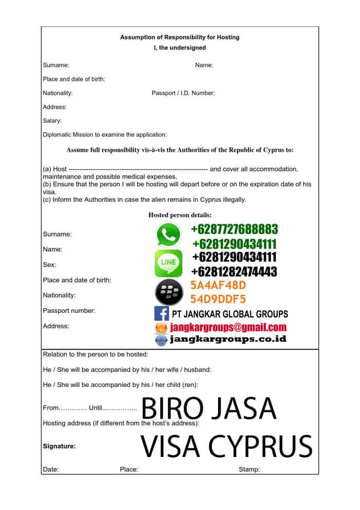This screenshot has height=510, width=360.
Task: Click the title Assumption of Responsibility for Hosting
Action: coord(179,37)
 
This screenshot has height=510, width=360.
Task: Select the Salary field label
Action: coord(52,121)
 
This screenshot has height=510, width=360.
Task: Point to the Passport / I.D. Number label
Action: coord(183,93)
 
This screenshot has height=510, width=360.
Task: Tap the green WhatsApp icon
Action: coord(168,235)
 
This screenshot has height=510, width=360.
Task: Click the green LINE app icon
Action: coord(168,263)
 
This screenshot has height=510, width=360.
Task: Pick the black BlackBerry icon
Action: coord(168,292)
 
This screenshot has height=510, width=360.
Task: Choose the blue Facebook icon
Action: coord(161,313)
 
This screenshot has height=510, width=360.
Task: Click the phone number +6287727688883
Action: coord(235,229)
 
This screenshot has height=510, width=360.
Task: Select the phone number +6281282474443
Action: coord(235,271)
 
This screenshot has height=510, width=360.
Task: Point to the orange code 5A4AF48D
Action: coord(218,285)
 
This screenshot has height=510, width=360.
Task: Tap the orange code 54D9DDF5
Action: coord(218,299)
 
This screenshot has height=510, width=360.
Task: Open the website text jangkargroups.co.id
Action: coord(228,339)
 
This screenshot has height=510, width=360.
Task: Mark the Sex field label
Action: coord(49,265)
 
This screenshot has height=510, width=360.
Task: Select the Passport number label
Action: coord(68,311)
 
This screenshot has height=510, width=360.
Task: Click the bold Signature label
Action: coord(59,447)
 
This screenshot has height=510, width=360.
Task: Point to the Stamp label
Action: coord(249,469)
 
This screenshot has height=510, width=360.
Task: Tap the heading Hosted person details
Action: coord(180,215)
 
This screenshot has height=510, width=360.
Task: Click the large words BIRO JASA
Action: coord(209,409)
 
